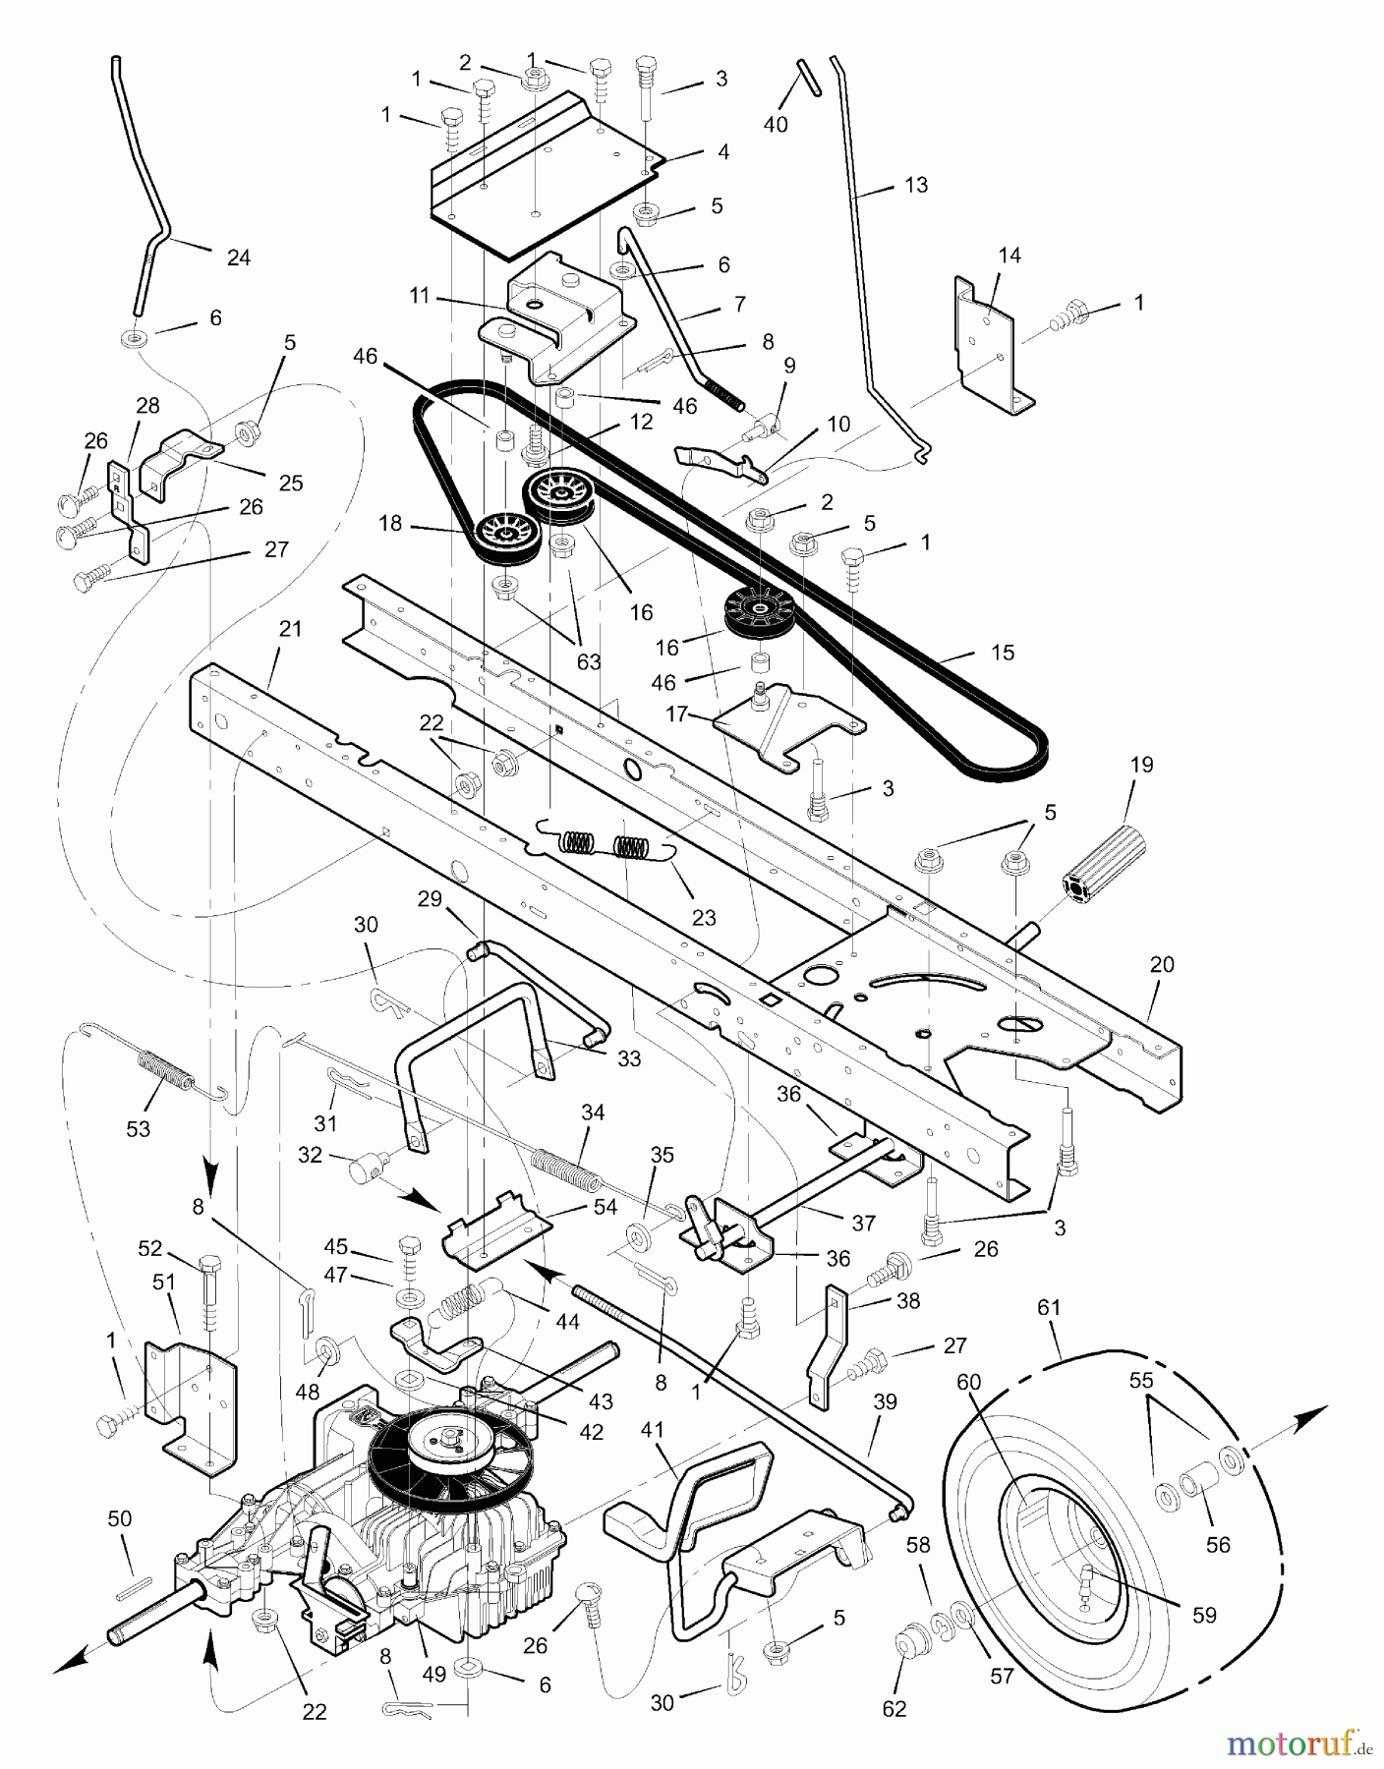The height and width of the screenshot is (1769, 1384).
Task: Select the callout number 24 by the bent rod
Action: coord(238,257)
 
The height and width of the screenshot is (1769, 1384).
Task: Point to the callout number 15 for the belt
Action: coord(1002,653)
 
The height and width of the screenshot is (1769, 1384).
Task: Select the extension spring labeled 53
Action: coord(167,1071)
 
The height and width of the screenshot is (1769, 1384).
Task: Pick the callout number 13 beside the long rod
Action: coord(915,185)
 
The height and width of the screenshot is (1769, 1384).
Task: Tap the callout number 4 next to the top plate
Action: coord(722,152)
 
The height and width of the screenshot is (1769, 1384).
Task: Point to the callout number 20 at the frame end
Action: coord(1162,965)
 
